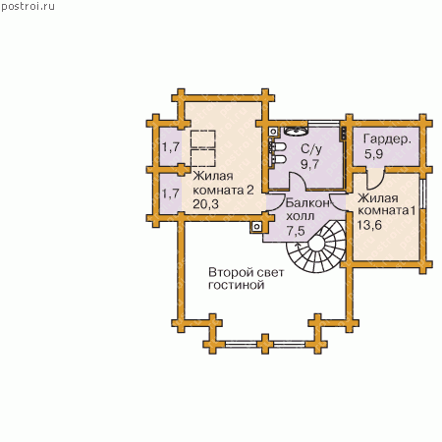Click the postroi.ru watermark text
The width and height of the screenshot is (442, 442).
tap(28, 7)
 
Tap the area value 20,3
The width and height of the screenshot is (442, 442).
tap(205, 204)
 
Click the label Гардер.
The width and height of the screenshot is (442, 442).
tap(387, 139)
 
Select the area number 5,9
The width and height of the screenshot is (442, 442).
tap(373, 153)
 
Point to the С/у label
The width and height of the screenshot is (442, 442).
tap(311, 149)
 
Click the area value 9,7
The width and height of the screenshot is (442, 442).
tap(309, 164)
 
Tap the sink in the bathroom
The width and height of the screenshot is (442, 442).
tap(296, 131)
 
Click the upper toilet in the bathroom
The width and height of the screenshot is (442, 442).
tap(278, 147)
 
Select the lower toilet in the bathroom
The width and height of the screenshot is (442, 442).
tap(278, 159)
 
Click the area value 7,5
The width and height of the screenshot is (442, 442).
tap(296, 231)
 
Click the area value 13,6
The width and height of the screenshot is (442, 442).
tap(369, 225)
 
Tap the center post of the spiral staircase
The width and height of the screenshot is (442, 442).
tap(317, 244)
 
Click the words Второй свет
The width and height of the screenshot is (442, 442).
tap(247, 272)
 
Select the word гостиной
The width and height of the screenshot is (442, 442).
tap(236, 285)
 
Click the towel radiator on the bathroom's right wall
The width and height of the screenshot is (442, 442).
tap(344, 134)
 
